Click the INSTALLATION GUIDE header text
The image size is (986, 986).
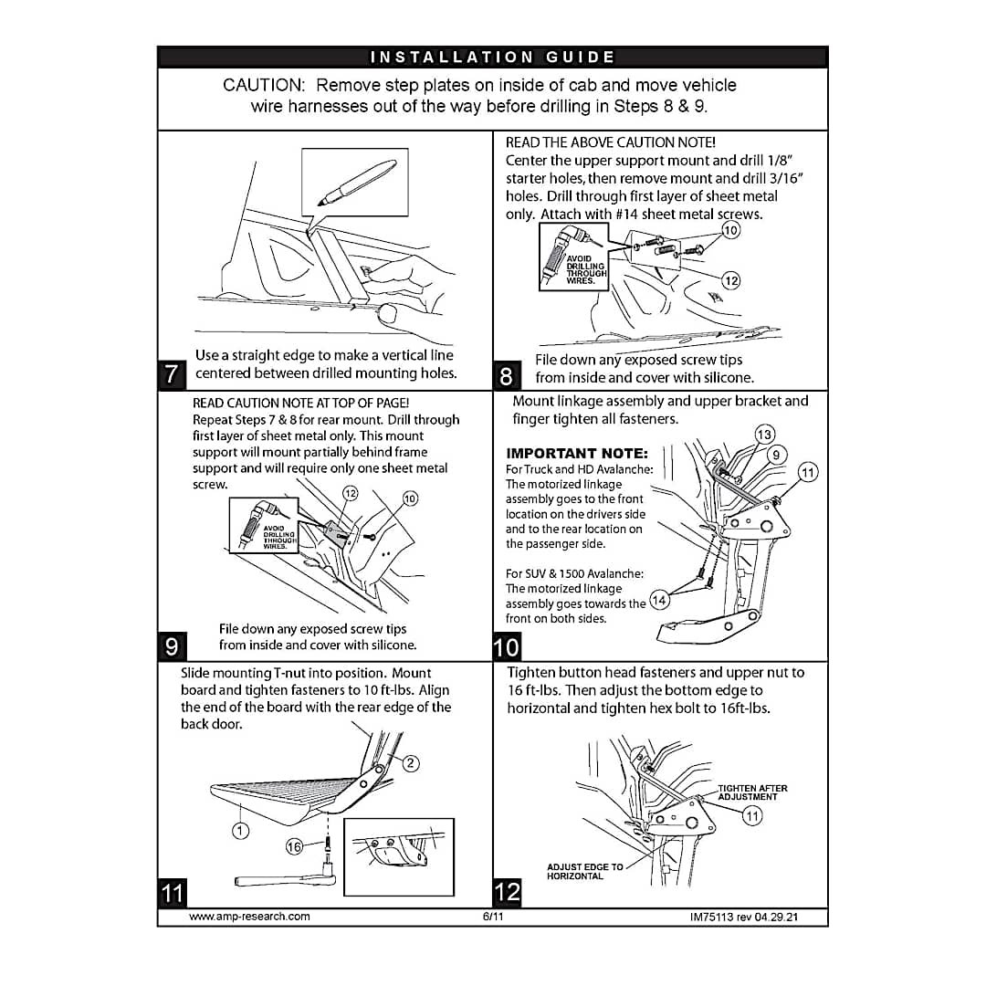[492, 58]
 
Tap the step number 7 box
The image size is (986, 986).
[172, 373]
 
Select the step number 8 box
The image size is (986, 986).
[507, 374]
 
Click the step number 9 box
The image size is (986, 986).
[172, 645]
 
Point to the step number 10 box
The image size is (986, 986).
[507, 647]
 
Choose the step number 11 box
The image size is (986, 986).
[172, 892]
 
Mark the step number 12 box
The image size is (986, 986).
[507, 892]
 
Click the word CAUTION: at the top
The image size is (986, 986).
[264, 85]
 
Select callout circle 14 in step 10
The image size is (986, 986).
[659, 600]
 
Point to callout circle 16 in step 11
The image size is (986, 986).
[294, 847]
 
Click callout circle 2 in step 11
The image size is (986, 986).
[411, 763]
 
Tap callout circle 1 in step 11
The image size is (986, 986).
[240, 831]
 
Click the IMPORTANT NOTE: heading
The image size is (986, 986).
[576, 453]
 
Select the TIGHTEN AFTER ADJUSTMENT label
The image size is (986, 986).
[752, 792]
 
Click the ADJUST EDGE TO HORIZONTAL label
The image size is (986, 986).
[585, 871]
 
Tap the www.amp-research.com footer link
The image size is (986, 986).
[249, 916]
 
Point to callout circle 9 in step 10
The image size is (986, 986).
[776, 454]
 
